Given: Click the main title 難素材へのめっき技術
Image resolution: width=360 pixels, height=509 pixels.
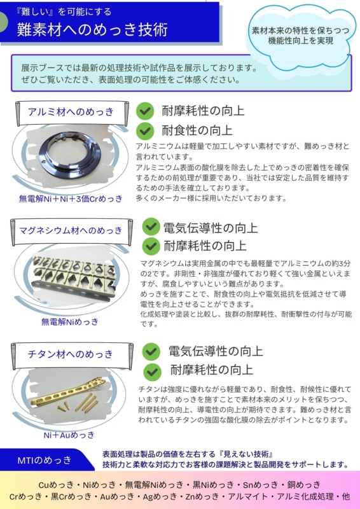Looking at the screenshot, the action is tap(92, 29).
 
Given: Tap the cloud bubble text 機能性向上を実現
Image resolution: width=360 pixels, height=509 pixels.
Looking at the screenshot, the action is tap(301, 41).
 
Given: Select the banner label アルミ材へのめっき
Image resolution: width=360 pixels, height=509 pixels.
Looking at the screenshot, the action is tap(71, 112).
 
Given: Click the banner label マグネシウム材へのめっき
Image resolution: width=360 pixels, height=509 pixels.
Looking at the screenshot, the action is tap(71, 230).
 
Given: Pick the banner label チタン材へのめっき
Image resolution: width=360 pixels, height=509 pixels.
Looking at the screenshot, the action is tap(70, 354).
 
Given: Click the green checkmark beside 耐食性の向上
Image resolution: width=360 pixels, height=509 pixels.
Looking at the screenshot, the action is tap(145, 130).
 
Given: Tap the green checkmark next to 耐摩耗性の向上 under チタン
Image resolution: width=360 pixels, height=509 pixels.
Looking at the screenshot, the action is tap(151, 372).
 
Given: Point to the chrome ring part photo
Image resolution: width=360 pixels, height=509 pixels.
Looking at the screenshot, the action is tap(70, 155).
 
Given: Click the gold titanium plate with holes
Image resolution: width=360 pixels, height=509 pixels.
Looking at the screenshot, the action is tap(69, 392).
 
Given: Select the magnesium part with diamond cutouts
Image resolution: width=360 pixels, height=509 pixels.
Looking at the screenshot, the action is tap(73, 275).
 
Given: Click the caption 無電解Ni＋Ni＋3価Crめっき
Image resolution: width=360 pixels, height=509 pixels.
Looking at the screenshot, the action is tap(71, 199).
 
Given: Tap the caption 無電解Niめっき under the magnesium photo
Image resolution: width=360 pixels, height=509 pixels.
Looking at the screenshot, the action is tap(69, 322).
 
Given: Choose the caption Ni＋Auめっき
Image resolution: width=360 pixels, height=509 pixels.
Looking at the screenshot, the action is tap(69, 435).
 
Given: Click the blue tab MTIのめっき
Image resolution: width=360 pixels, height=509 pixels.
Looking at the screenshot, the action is tap(45, 460).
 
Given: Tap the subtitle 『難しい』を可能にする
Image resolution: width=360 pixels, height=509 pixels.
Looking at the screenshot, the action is tap(64, 12).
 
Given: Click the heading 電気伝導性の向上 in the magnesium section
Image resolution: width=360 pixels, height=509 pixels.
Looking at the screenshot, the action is tap(211, 228).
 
